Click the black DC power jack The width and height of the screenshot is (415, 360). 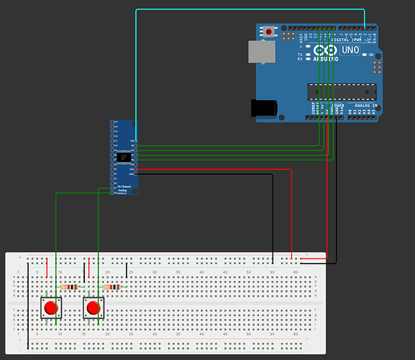pyautogui.click(x=263, y=107)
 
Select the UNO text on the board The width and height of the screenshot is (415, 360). pyautogui.click(x=350, y=50)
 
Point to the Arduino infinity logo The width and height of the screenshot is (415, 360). pyautogui.click(x=324, y=50)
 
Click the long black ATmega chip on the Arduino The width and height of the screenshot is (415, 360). pyautogui.click(x=342, y=91)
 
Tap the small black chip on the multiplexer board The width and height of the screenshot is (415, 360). pyautogui.click(x=124, y=157)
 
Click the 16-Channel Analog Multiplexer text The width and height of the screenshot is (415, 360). pyautogui.click(x=125, y=189)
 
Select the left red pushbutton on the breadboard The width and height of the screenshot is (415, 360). pyautogui.click(x=50, y=308)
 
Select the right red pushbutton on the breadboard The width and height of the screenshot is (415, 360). pyautogui.click(x=93, y=308)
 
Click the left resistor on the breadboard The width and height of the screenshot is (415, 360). pyautogui.click(x=70, y=287)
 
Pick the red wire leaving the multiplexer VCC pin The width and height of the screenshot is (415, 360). pyautogui.click(x=216, y=169)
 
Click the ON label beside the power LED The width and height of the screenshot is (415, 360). pyautogui.click(x=371, y=55)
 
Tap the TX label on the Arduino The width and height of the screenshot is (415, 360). pyautogui.click(x=300, y=54)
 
